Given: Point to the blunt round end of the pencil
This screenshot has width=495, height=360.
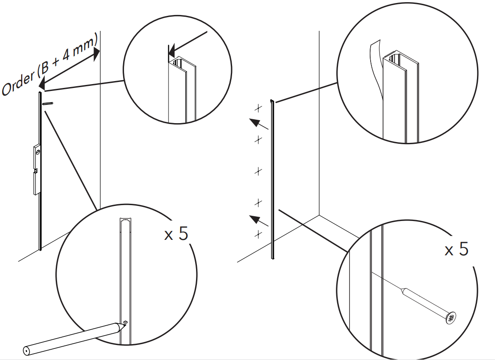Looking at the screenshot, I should click(27, 350).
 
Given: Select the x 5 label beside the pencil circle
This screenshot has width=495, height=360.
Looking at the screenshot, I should click(176, 234).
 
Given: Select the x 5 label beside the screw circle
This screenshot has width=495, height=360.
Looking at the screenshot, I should click(456, 249).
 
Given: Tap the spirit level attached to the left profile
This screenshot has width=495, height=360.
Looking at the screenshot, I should click(37, 169).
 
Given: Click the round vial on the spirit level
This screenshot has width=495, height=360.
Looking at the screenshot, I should click(38, 152).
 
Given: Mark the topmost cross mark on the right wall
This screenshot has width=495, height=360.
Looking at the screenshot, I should click(258, 108).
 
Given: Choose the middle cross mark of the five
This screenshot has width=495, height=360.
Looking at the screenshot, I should click(258, 172).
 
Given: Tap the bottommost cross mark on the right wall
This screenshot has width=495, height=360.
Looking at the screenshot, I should click(258, 234).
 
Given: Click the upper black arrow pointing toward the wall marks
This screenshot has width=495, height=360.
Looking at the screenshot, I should click(259, 124).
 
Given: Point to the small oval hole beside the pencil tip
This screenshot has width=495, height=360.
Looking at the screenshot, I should click(125, 321).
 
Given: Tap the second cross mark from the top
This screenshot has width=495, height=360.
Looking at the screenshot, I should click(258, 139).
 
